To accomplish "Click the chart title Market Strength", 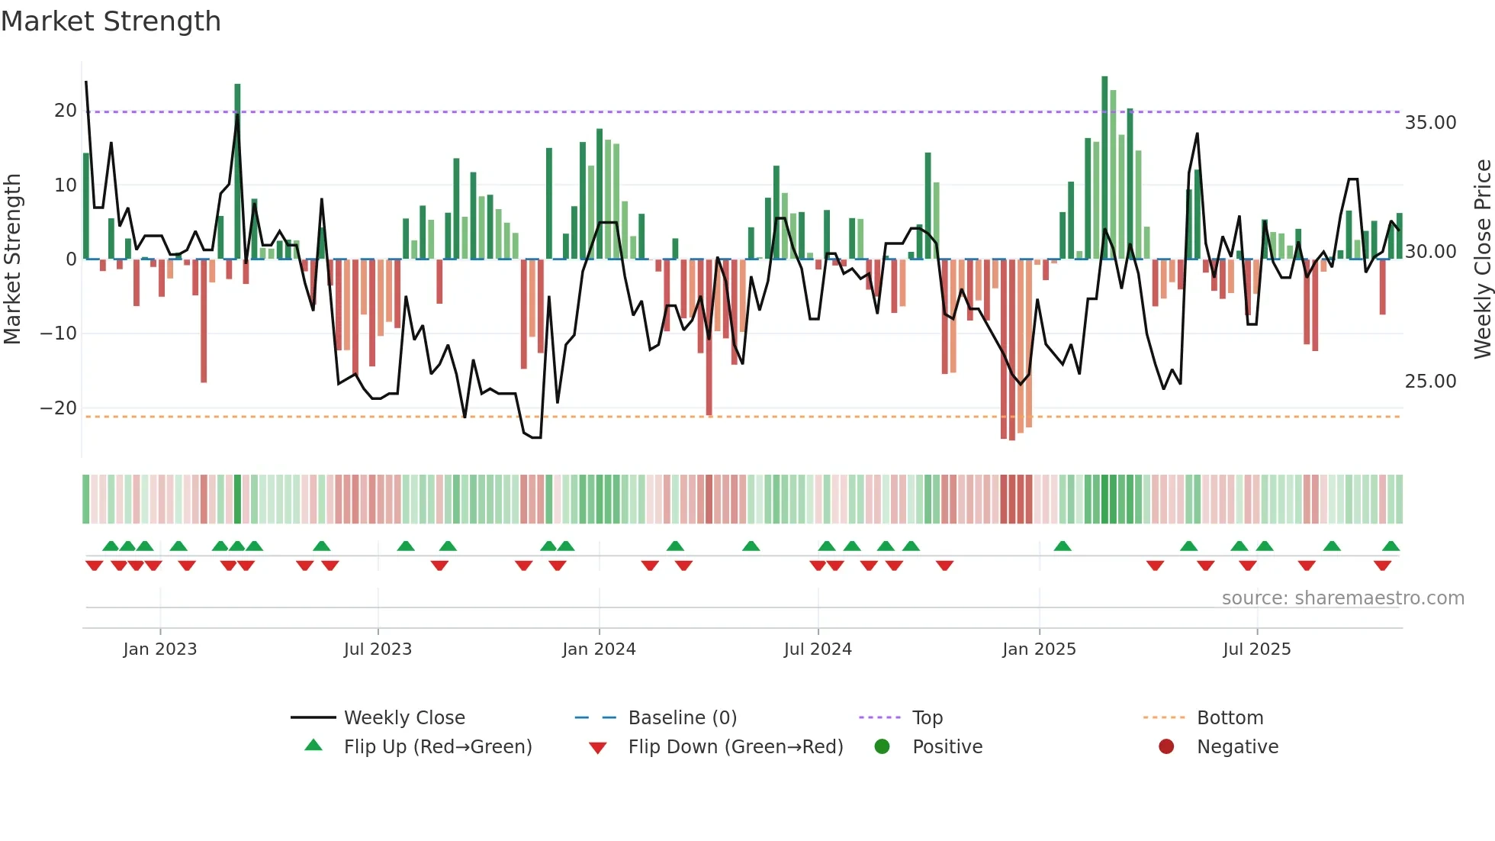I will coord(111,21).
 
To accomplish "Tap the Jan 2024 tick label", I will coord(599,649).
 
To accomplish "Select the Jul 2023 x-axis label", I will coord(378,649).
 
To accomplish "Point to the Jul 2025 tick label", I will coord(1256,649).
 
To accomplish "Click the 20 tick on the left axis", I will coord(66,111).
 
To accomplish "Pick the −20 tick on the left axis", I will coord(59,408).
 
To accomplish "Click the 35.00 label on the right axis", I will coord(1430,123).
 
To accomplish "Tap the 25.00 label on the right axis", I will coord(1430,382).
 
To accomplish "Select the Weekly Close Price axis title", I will coord(1482,259).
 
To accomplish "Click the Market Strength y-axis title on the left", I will coord(12,259).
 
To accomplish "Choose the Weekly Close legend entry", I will coord(403,718).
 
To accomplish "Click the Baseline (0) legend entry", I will coord(682,718).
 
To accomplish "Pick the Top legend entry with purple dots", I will coord(927,718).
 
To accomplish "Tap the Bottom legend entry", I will coord(1230,718).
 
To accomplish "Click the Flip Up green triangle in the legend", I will coord(313,746).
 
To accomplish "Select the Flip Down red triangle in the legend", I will coord(598,748).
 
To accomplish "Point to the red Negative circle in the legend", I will coord(1166,747).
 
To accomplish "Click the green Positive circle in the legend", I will coord(883,747).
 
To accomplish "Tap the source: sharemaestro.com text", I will coord(1342,598).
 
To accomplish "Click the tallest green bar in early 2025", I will coord(1104,168).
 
